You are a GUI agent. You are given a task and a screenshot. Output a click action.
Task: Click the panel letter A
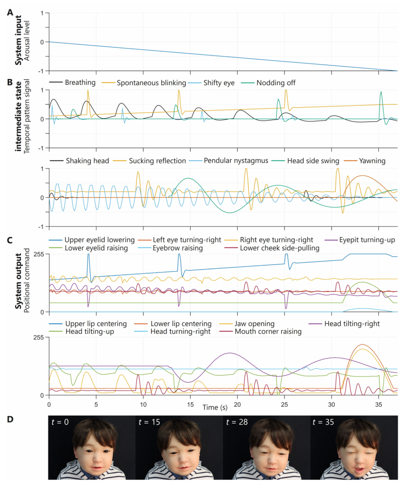coord(10,13)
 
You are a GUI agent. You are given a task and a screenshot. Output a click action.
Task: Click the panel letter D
coord(10,419)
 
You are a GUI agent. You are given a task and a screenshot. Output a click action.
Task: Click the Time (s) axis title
coord(215,407)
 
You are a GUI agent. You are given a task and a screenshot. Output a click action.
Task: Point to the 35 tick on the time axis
coord(379,404)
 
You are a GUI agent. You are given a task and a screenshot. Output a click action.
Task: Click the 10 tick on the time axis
coord(143,404)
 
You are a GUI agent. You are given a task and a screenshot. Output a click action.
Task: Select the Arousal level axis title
coord(27,41)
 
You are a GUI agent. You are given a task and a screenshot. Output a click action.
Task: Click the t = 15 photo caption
coord(149,422)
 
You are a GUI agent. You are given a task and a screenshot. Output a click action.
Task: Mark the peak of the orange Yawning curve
coord(362,176)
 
